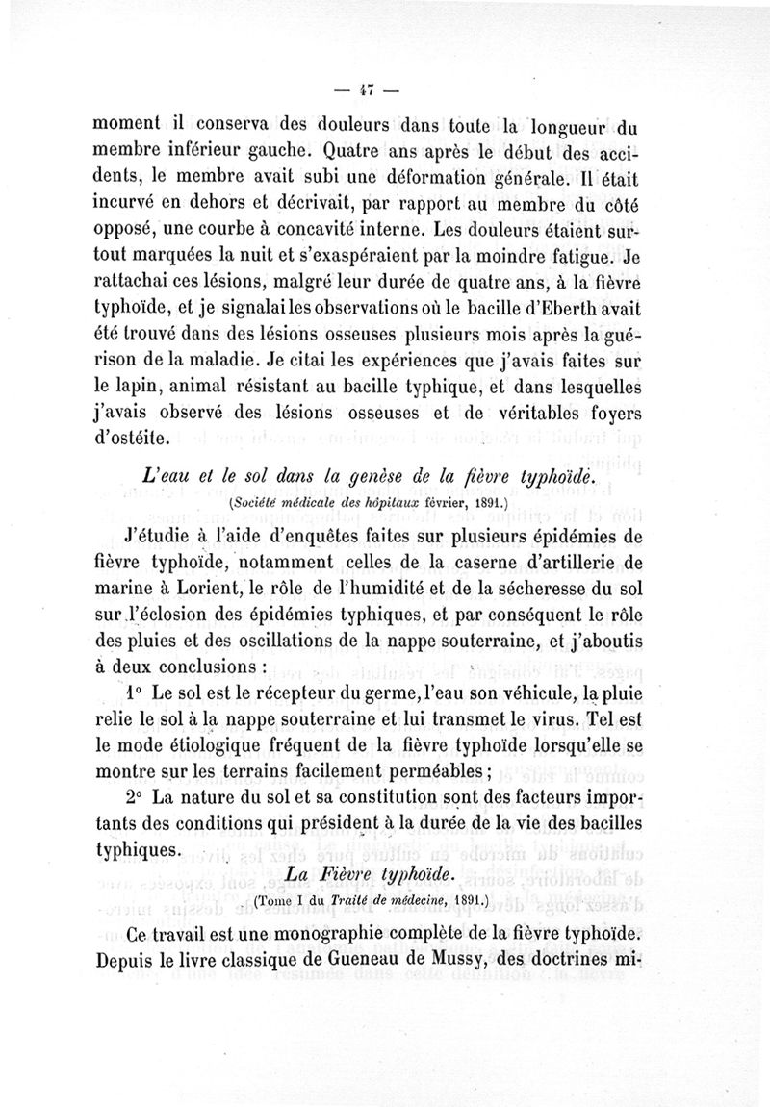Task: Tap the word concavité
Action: (303, 231)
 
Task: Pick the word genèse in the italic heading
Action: (358, 478)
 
